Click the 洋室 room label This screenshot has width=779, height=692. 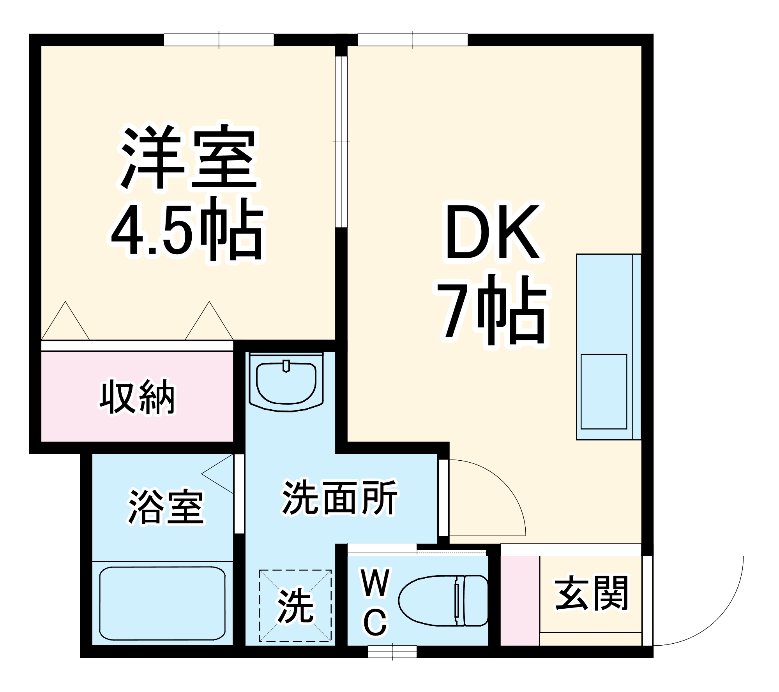(189, 157)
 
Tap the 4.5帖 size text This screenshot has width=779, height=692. (187, 230)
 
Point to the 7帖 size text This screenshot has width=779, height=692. (493, 312)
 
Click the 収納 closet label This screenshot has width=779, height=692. (137, 397)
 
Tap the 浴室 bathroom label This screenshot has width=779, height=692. (166, 507)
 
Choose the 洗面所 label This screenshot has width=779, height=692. (339, 498)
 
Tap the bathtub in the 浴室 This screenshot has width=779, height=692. (162, 604)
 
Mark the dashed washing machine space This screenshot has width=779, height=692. (295, 606)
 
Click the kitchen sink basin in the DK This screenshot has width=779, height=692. (604, 391)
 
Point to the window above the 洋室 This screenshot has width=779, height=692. (219, 40)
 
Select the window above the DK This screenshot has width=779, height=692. (412, 40)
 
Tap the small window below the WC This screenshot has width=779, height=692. (392, 652)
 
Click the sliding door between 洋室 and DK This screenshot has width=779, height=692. (341, 142)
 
